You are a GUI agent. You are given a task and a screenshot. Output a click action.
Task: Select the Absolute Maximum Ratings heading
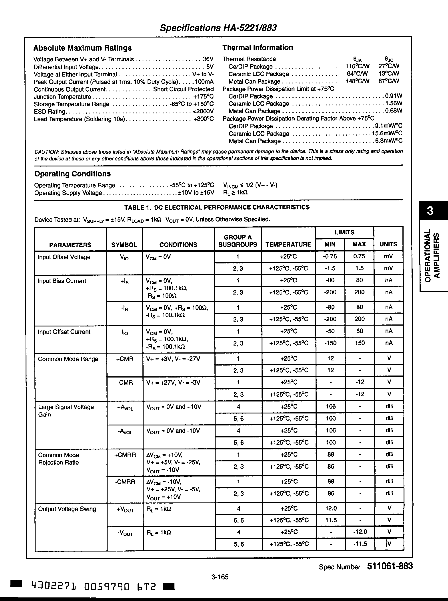tap(82, 48)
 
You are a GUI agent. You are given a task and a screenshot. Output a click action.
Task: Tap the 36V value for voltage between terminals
tap(208, 59)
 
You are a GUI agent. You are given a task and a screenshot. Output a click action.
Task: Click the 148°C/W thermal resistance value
tap(357, 81)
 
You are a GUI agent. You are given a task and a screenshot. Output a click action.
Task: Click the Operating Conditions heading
tap(72, 174)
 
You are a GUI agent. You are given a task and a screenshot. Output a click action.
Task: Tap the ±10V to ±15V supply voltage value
tap(196, 193)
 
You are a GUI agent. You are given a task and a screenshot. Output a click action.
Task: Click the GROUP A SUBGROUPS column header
tap(238, 241)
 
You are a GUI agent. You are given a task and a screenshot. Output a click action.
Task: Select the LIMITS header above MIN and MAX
tap(344, 232)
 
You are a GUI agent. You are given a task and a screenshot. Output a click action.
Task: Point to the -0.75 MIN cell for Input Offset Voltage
tap(330, 256)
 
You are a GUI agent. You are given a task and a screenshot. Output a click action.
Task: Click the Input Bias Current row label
tap(62, 281)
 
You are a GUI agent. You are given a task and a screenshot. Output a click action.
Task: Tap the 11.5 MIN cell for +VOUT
tap(331, 520)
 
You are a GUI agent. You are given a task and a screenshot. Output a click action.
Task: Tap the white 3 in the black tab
tap(430, 210)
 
